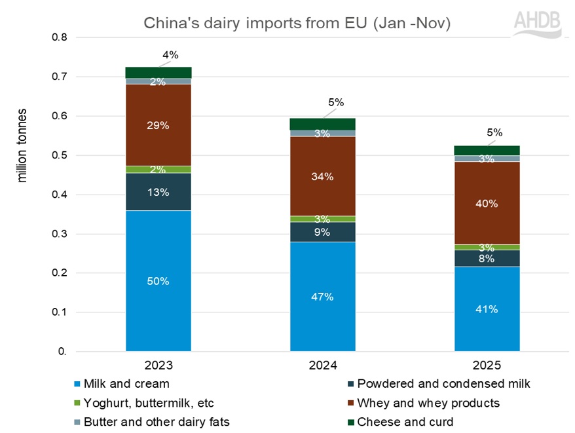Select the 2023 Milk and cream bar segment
[158, 280]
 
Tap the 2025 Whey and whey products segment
[487, 202]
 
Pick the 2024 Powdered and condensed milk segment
[323, 232]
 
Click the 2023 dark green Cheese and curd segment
[158, 72]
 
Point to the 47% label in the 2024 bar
[323, 297]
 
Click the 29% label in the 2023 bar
[158, 125]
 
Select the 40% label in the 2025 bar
[487, 203]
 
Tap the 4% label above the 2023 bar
[170, 55]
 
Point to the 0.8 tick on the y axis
[59, 37]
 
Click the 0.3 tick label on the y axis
[59, 234]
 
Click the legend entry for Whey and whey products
[425, 403]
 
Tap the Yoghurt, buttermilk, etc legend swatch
[79, 403]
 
